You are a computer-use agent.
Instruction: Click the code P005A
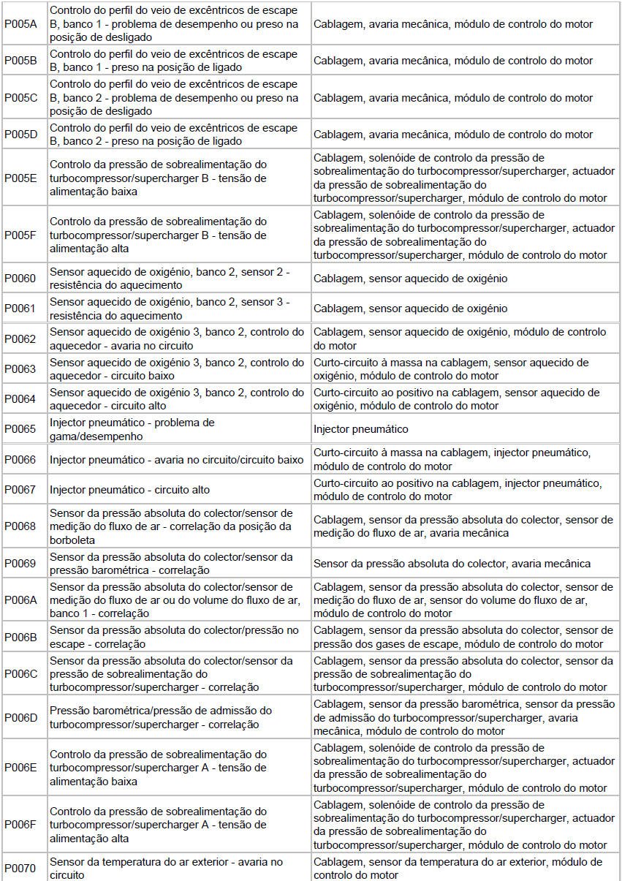20,24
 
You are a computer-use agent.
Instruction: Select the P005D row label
20,135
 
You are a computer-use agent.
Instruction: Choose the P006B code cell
20,637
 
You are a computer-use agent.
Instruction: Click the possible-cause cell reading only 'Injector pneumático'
360,429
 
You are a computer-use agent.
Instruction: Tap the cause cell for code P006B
463,637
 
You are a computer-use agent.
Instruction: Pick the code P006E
20,768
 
